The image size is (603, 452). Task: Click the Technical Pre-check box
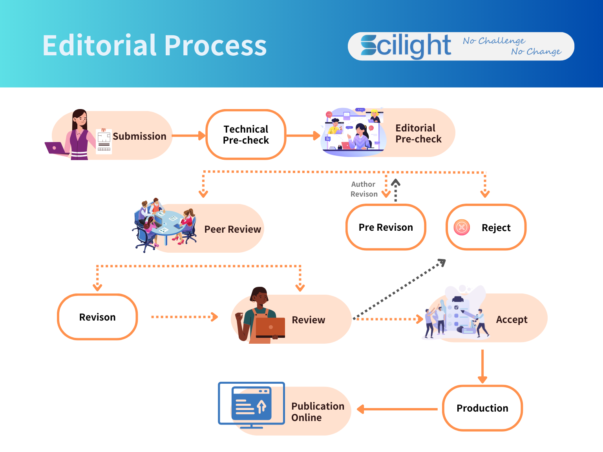(246, 135)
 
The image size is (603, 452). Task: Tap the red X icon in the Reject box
(462, 227)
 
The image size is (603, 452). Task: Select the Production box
(482, 408)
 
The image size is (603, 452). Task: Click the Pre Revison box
(386, 227)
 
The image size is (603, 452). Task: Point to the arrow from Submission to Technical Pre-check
(188, 136)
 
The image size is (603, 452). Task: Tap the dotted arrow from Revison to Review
(184, 317)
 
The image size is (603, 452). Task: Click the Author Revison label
(364, 189)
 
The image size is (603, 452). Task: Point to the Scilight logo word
(406, 46)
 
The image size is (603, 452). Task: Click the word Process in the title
(216, 46)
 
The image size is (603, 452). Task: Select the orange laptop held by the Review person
(270, 328)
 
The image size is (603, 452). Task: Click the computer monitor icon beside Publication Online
(251, 404)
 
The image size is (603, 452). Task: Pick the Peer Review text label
(232, 229)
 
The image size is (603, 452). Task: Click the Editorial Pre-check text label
(418, 134)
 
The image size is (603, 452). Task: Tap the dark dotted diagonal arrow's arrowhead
(442, 262)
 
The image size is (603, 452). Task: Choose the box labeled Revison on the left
(97, 317)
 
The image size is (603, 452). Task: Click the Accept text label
(512, 319)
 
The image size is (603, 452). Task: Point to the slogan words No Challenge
(494, 41)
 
